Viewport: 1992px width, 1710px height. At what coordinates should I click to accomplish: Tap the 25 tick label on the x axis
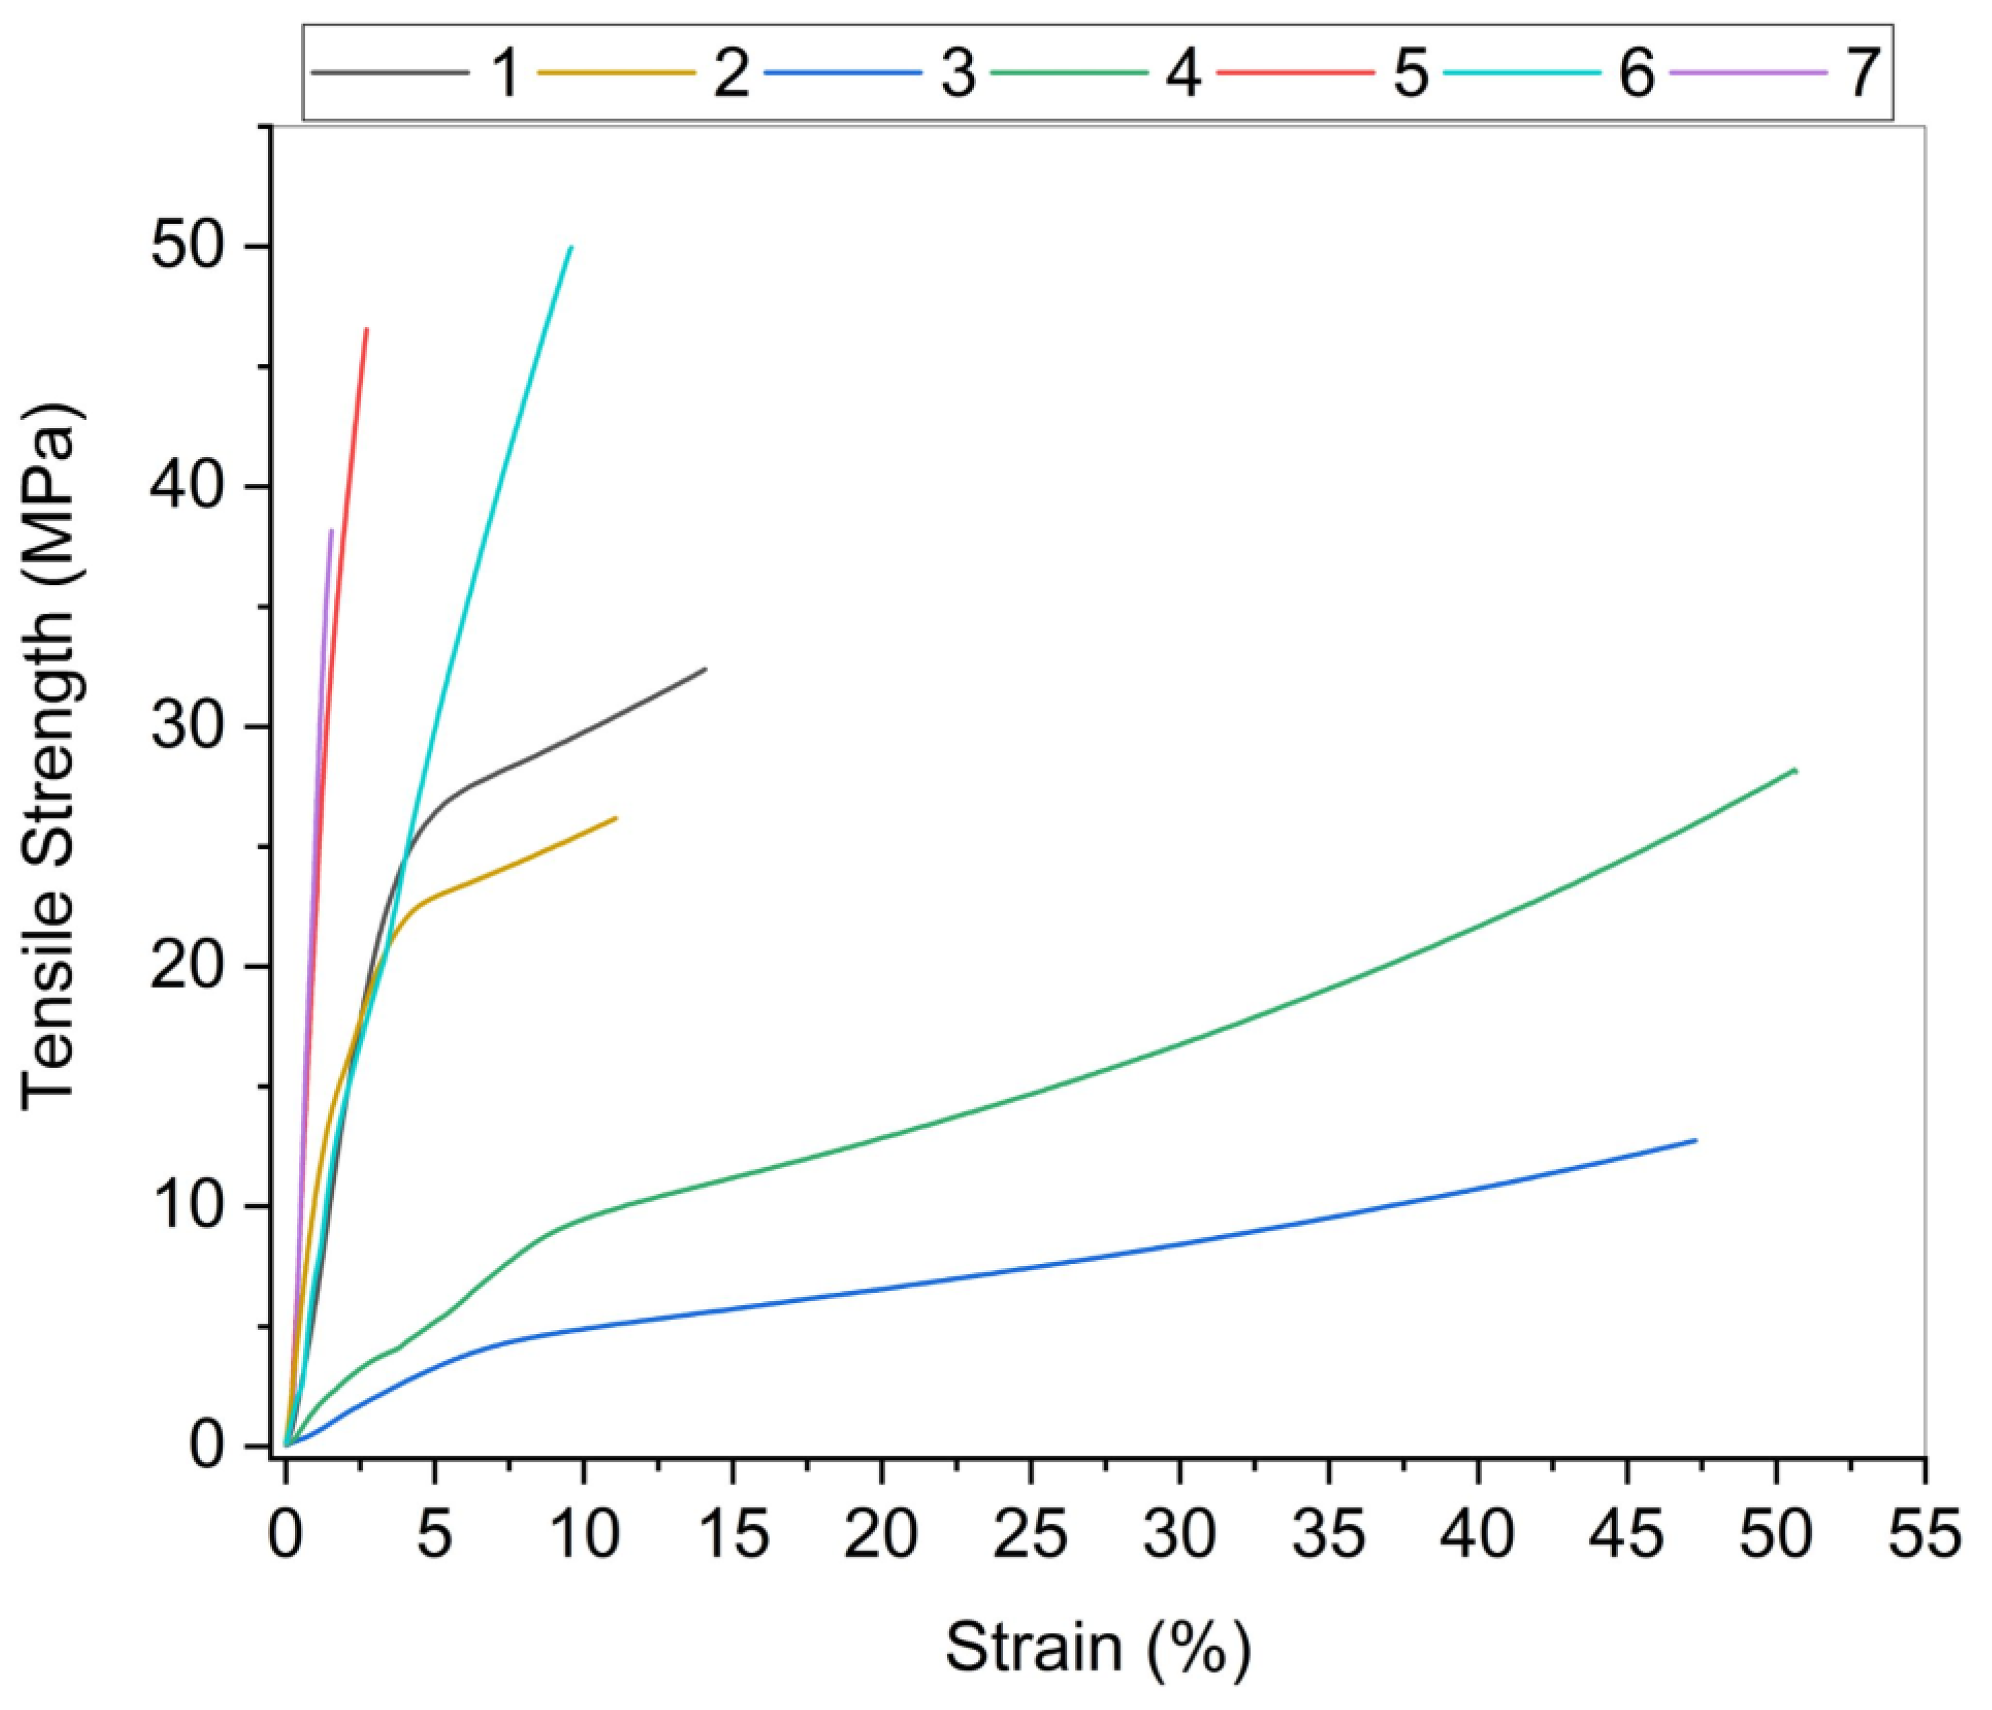coord(1030,1535)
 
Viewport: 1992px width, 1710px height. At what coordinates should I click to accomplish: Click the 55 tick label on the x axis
coord(1924,1535)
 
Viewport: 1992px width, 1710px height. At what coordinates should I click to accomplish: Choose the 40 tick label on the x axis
coord(1478,1535)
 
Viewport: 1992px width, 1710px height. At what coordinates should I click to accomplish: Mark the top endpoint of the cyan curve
coord(571,247)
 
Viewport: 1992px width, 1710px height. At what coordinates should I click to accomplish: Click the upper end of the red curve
coord(366,330)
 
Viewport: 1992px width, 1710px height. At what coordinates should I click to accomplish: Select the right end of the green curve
coord(1795,770)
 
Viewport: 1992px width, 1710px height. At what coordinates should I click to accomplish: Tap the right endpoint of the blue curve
coord(1695,1141)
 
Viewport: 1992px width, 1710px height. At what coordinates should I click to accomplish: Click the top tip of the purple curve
coord(332,531)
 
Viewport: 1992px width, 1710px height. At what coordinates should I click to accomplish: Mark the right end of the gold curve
coord(615,818)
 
